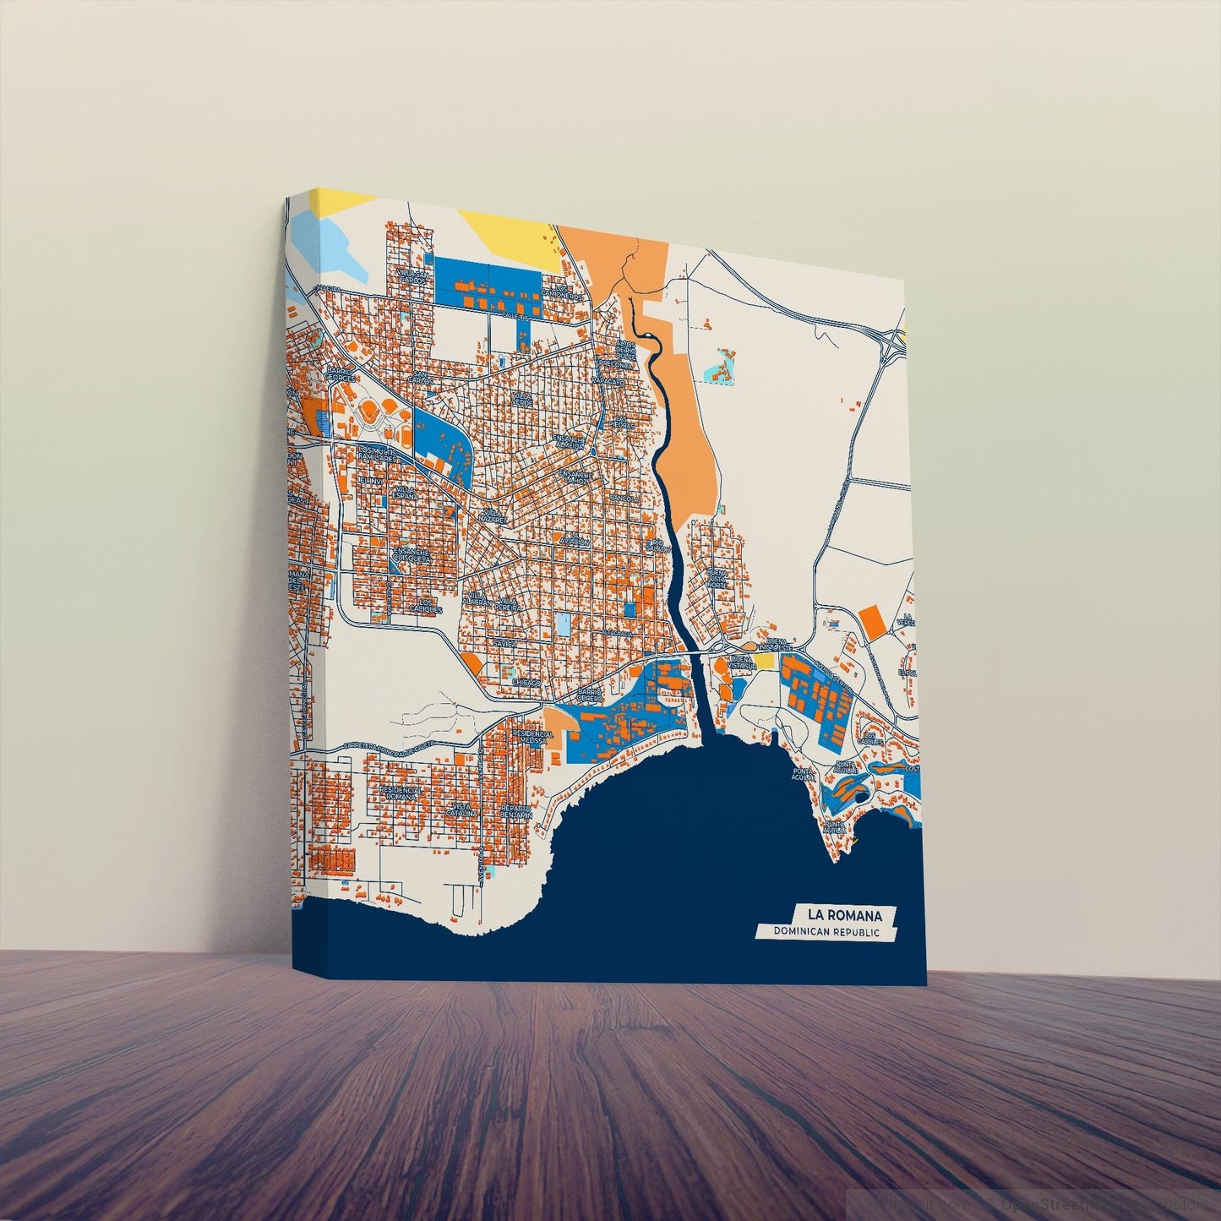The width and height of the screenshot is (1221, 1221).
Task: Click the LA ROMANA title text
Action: click(x=844, y=915)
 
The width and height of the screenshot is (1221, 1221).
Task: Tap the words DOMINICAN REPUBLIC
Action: click(x=826, y=932)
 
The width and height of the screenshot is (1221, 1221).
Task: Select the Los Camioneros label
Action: click(x=563, y=292)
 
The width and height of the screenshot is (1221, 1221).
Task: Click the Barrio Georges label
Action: click(x=340, y=377)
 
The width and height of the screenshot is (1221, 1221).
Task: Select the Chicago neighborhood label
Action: click(x=525, y=682)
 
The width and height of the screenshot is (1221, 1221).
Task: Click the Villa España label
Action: click(x=406, y=492)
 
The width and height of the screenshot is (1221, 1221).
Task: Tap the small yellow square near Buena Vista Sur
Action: click(x=765, y=660)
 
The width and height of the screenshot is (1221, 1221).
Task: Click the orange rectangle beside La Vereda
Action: click(x=874, y=620)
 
